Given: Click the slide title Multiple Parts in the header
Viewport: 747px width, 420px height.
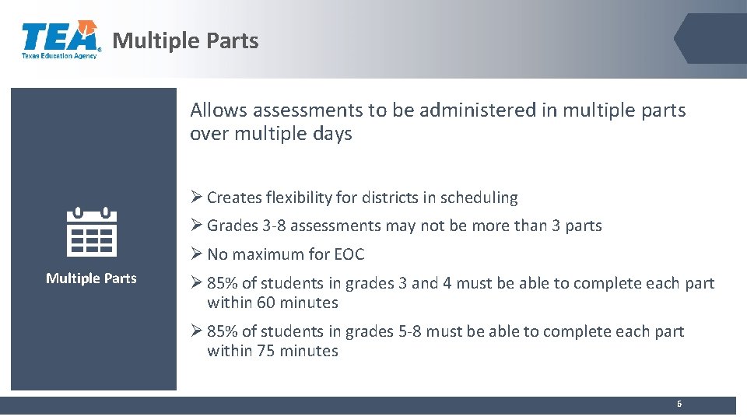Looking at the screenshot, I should [185, 40].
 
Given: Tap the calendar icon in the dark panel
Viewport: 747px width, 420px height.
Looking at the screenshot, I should [92, 233].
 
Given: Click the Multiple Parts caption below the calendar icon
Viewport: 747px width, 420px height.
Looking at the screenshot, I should [91, 278].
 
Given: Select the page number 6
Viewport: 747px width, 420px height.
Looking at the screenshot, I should [679, 404].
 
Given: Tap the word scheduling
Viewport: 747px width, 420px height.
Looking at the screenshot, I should [479, 198].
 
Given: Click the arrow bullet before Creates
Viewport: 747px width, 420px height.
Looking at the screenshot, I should [196, 198].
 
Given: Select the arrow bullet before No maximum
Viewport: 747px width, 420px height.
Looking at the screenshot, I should [196, 254].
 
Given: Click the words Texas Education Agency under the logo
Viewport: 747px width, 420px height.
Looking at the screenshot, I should [59, 56].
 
